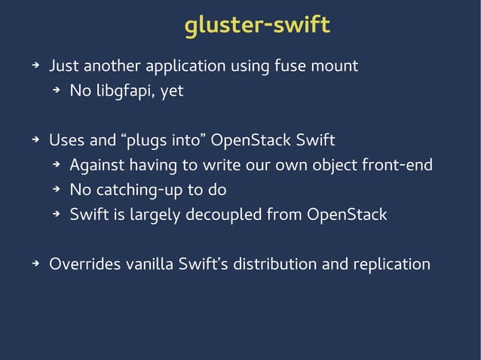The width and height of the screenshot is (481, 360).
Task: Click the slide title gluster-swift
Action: [257, 25]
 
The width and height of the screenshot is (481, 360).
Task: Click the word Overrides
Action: [84, 264]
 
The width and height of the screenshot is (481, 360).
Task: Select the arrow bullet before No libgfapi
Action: [55, 92]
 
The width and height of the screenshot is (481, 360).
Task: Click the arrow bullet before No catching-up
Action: [55, 191]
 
